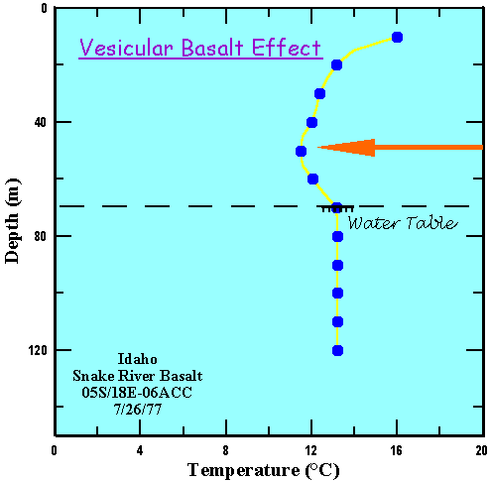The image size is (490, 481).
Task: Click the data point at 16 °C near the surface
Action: click(397, 37)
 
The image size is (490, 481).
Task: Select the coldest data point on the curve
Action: click(301, 151)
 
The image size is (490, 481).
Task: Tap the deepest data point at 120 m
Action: click(337, 350)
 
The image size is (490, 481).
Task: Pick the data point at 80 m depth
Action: click(337, 237)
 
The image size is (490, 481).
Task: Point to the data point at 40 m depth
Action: click(311, 123)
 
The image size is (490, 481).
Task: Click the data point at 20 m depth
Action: click(336, 65)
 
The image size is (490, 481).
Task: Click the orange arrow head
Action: click(346, 148)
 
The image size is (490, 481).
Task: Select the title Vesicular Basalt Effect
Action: click(200, 48)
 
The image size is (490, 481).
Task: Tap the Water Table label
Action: click(403, 223)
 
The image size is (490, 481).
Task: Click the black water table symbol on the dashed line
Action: click(337, 209)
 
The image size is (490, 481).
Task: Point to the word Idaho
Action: click(138, 359)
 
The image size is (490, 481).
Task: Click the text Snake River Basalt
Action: click(138, 376)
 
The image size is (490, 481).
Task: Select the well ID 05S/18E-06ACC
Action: click(137, 393)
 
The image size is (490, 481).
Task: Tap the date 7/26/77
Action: click(138, 410)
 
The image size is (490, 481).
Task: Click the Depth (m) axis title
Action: click(12, 221)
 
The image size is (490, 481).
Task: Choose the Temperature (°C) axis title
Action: click(264, 470)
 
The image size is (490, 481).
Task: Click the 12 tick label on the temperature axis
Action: click(311, 450)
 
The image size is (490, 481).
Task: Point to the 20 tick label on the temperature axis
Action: click(482, 450)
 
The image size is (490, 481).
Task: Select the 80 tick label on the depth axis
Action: click(40, 236)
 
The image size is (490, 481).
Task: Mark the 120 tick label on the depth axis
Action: click(37, 350)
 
